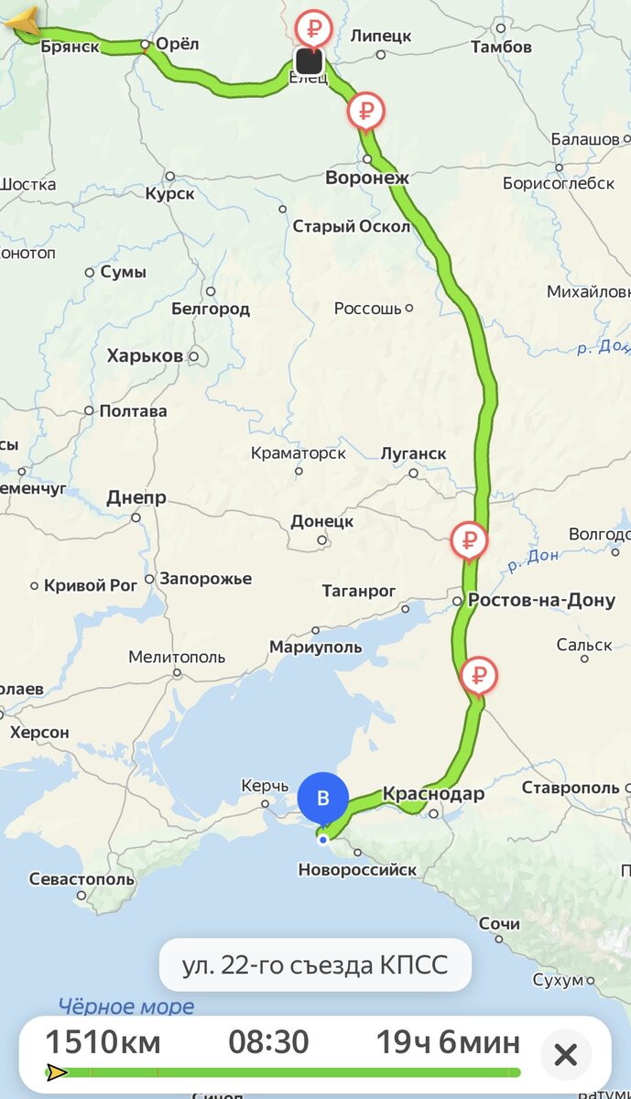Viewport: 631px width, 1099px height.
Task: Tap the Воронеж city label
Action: (366, 178)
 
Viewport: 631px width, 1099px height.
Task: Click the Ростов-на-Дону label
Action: (541, 601)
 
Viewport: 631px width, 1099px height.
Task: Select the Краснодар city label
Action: (432, 794)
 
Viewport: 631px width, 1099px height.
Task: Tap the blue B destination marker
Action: (322, 797)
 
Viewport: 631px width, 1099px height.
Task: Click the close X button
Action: (566, 1055)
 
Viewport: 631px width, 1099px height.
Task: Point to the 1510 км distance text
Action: (103, 1042)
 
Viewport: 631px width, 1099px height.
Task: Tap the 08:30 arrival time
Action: (268, 1042)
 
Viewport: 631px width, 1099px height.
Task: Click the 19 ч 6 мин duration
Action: (448, 1042)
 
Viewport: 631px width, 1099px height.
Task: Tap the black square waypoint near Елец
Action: (309, 61)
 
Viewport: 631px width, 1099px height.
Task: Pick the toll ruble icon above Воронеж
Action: (366, 112)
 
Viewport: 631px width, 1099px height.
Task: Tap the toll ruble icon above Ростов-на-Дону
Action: (469, 539)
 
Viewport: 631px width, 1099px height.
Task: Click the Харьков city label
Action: (145, 355)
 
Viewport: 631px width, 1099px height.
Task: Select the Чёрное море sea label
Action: (126, 1007)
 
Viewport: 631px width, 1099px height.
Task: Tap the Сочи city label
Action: (499, 925)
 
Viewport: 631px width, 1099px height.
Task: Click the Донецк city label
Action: (321, 521)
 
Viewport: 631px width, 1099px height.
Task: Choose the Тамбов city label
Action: (501, 46)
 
